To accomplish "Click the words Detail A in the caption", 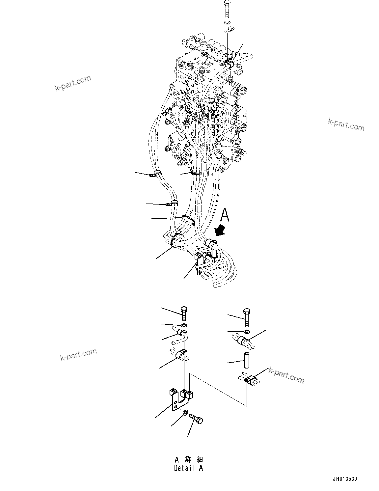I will pyautogui.click(x=189, y=468).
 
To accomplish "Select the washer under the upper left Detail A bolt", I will pyautogui.click(x=184, y=326).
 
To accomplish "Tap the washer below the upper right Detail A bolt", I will pyautogui.click(x=247, y=331).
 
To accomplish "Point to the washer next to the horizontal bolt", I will pyautogui.click(x=185, y=412).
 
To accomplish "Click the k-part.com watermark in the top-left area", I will pyautogui.click(x=72, y=83).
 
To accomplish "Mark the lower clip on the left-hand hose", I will pyautogui.click(x=172, y=203).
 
